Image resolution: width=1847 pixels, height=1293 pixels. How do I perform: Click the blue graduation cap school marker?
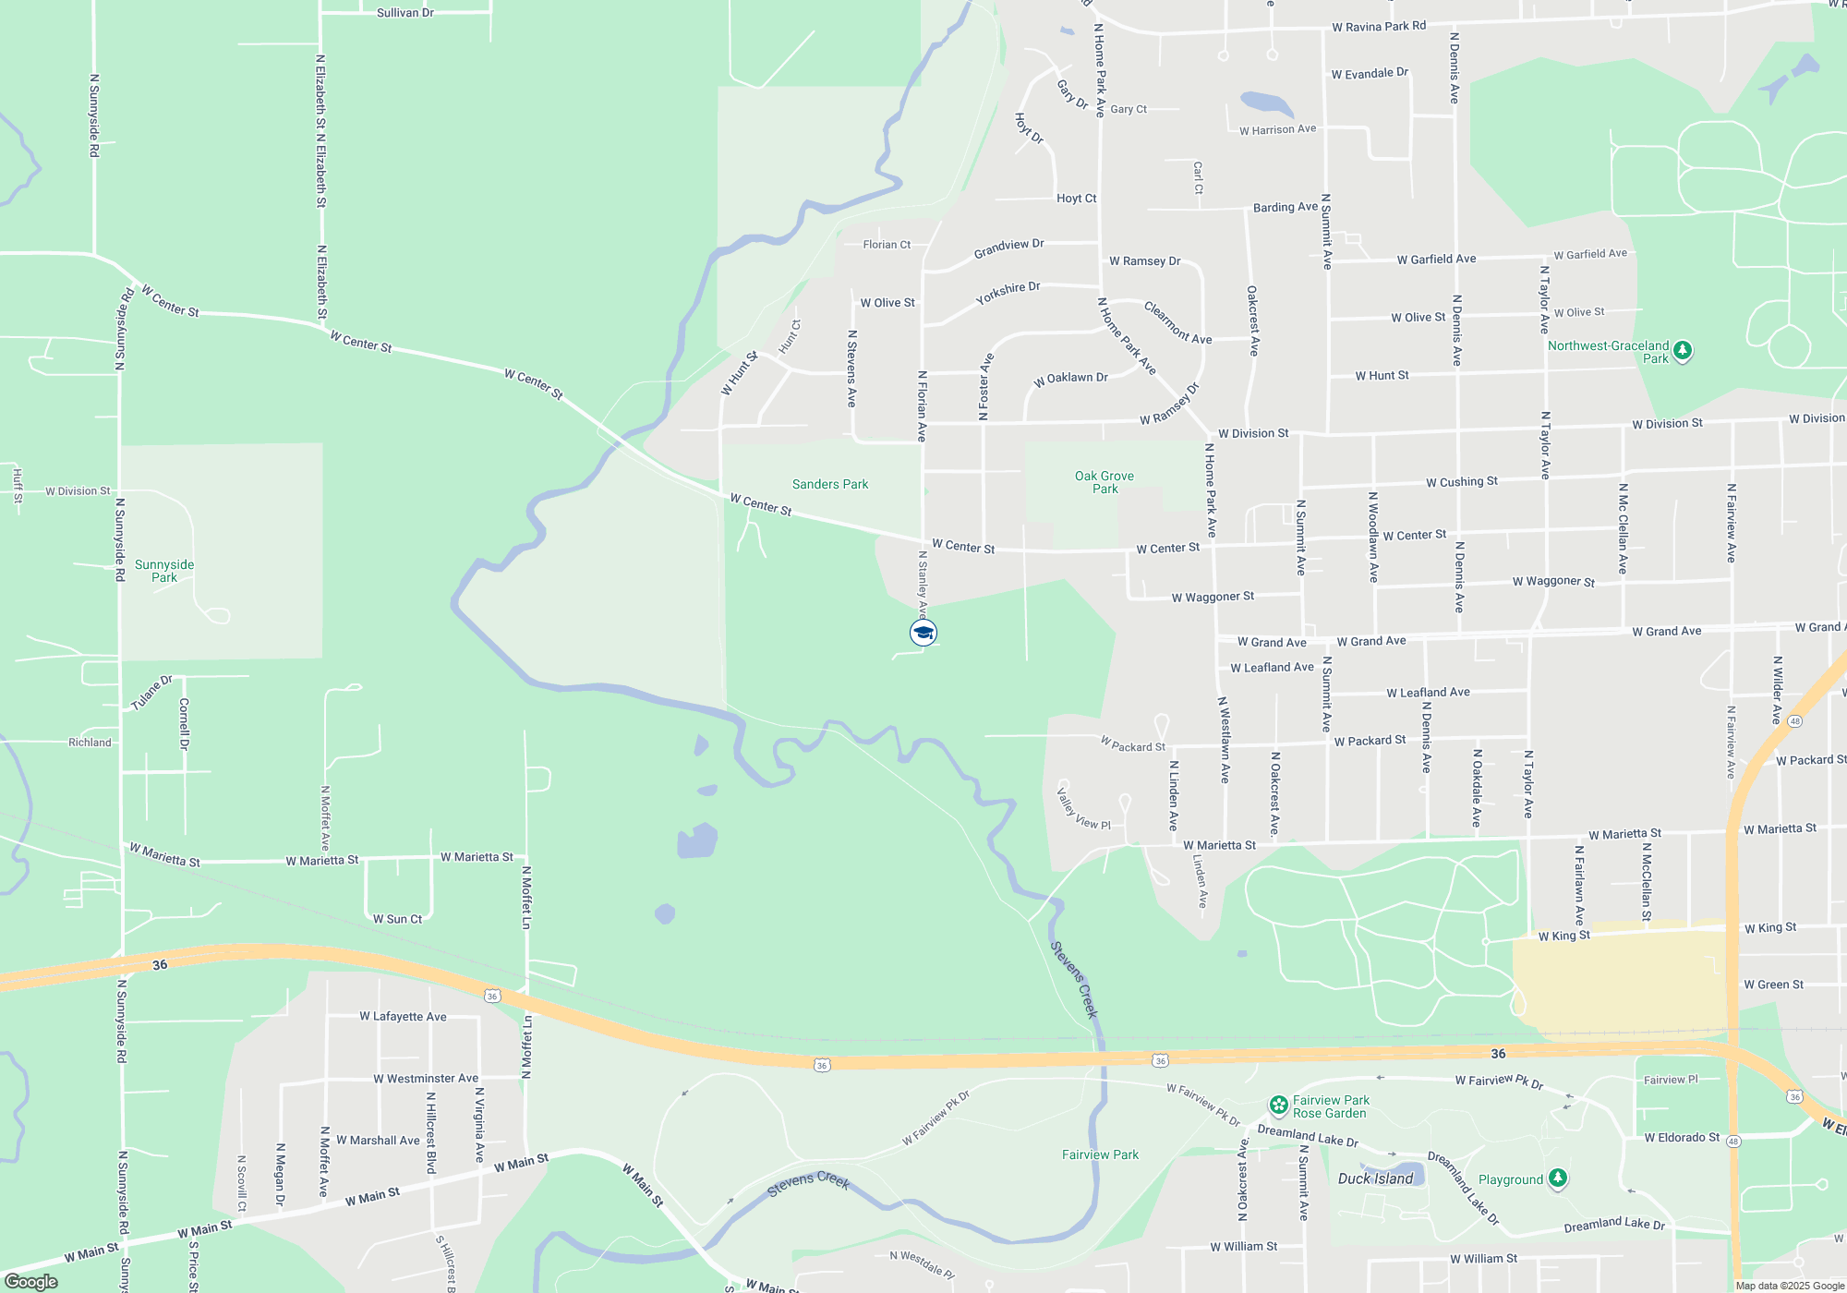(923, 633)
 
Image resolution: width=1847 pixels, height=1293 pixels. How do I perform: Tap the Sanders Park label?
(830, 484)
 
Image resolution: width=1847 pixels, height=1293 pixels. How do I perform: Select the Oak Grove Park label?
(1105, 482)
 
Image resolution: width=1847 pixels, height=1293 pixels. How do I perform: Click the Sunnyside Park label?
(164, 571)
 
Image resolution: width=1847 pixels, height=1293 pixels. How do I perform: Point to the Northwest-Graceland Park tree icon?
(1683, 351)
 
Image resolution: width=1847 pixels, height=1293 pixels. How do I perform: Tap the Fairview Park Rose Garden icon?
(1279, 1105)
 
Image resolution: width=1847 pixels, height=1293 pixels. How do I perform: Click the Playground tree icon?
(1558, 1178)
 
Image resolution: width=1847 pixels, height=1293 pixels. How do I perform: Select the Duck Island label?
(1375, 1178)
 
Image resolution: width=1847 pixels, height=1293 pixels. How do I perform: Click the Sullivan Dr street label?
(404, 13)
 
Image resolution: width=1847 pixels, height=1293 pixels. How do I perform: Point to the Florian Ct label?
(887, 245)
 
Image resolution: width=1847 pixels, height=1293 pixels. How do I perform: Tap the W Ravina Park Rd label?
(1379, 27)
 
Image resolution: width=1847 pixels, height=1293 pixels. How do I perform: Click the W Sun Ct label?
(397, 919)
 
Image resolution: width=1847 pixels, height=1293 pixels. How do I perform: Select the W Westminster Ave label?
(426, 1078)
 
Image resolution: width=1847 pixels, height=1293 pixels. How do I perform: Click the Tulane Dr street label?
(151, 693)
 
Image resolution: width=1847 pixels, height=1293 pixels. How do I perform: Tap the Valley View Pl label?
(1083, 809)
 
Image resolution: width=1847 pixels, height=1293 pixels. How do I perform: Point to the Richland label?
(90, 743)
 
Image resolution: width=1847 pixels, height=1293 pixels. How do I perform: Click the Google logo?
(31, 1282)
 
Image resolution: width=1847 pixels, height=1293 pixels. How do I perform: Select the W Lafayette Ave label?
(403, 1016)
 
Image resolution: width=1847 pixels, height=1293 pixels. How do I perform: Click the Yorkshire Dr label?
(1008, 293)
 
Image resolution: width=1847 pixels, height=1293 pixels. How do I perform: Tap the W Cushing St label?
(1462, 482)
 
